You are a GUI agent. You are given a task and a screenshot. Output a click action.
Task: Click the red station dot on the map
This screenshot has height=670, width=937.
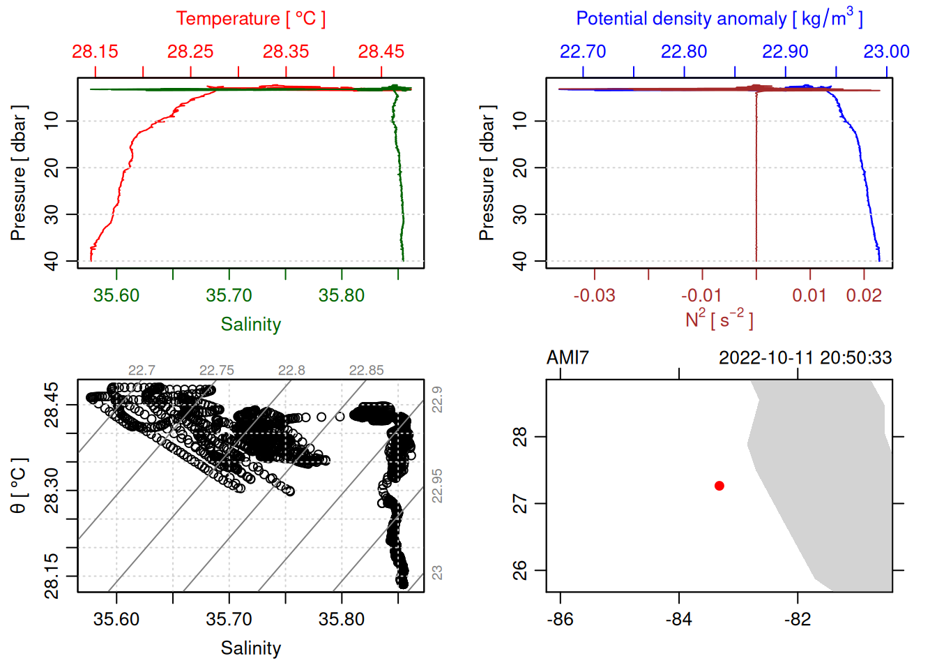coord(719,486)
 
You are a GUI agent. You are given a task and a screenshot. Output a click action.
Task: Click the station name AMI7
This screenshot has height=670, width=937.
coord(567,358)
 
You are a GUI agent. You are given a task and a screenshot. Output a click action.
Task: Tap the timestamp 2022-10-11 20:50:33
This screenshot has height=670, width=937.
coord(805,358)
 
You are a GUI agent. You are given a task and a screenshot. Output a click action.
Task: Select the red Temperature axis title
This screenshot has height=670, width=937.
coord(250,19)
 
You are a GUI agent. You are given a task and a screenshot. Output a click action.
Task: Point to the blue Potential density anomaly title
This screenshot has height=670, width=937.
coord(719,18)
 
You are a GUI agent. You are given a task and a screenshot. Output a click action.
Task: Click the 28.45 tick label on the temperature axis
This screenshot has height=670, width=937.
coord(381,52)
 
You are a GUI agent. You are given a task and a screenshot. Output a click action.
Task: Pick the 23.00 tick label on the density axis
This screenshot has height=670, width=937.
coord(886,52)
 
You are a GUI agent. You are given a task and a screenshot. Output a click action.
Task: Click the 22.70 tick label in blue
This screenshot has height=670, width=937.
coord(583,52)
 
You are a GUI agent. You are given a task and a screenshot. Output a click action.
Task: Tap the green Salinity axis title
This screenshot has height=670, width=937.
coord(250,325)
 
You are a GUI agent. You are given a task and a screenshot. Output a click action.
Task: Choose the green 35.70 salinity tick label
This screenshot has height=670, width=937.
coord(229,296)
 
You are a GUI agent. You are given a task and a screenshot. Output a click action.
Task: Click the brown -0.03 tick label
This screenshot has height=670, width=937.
coord(594,296)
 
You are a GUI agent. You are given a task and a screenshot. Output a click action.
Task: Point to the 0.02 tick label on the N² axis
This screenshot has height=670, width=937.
coord(864,296)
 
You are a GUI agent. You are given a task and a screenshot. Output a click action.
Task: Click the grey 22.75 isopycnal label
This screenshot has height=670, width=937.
coord(217,371)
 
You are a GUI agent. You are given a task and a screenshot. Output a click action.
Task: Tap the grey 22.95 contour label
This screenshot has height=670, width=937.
coord(437,486)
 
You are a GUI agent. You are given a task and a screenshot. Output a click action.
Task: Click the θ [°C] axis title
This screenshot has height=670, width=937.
coord(19,486)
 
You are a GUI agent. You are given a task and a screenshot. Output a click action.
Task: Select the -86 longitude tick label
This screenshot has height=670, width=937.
coord(561,620)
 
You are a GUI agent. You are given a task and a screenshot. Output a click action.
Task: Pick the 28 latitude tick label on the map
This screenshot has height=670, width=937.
coord(520,437)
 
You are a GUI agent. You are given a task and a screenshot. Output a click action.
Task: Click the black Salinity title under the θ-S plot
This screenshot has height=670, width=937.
coord(250,648)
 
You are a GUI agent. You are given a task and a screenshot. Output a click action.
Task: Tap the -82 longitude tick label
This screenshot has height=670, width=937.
coord(798,620)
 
